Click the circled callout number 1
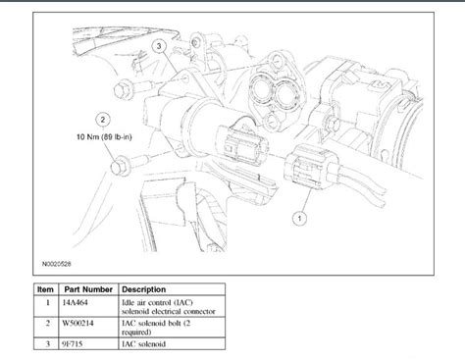[299, 218]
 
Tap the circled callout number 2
[103, 120]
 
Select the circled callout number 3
[159, 46]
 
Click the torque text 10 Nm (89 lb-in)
[104, 136]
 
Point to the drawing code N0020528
[56, 264]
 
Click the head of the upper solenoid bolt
[121, 90]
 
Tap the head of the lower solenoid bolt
[119, 167]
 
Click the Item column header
[45, 289]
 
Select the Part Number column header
[88, 289]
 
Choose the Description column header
[144, 289]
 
